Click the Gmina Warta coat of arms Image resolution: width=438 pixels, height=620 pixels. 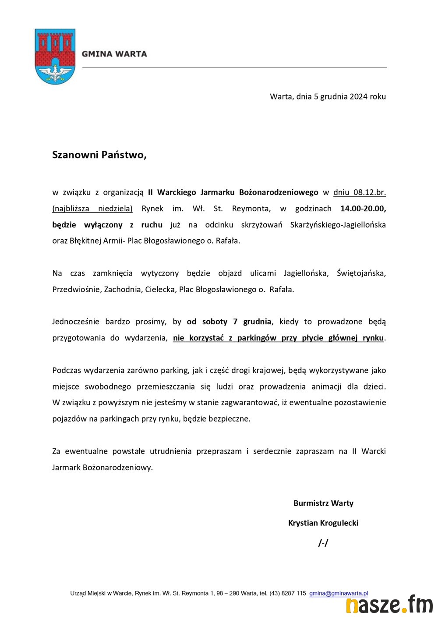point(55,57)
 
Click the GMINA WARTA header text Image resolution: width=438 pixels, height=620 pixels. point(114,54)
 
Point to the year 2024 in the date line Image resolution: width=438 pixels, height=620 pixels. point(358,96)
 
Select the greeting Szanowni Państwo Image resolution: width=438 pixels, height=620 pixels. point(99,155)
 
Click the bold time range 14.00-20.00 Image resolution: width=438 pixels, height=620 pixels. point(363,209)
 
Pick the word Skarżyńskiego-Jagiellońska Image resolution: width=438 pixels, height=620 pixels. point(338,225)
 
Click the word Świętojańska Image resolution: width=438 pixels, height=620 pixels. point(361,273)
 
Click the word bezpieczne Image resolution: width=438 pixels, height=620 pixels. point(230,418)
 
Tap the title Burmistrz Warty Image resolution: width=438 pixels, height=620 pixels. point(323,503)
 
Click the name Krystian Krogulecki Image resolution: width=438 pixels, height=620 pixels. point(323,523)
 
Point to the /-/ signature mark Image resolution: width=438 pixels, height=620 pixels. point(323,543)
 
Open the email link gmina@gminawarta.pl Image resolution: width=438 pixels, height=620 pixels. point(339,593)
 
